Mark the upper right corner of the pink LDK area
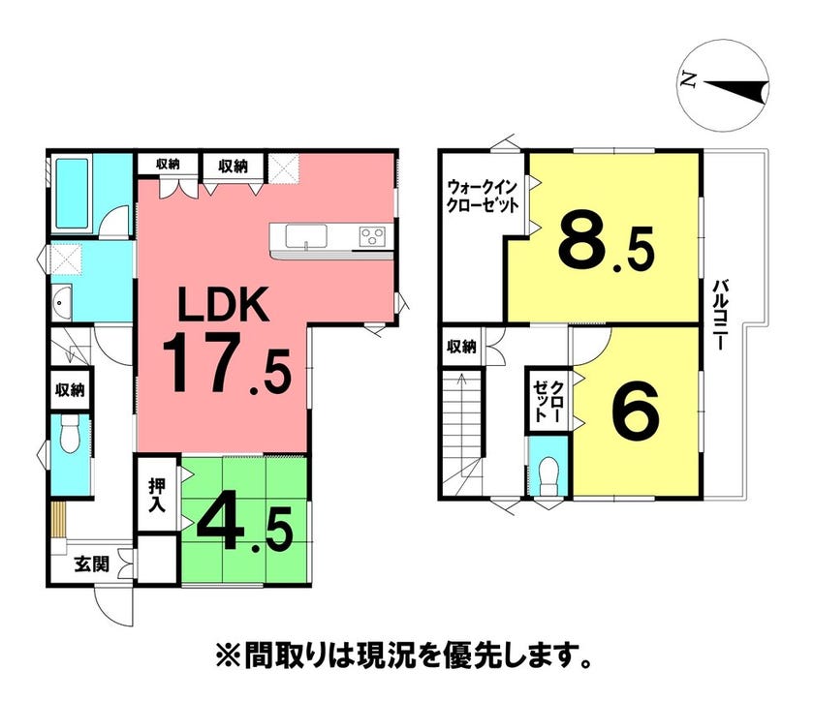pos(394,154)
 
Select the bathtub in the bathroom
pos(72,193)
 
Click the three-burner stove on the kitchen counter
pos(372,236)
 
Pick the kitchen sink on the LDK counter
pos(306,236)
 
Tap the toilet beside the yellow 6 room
pos(548,473)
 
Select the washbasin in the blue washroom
pos(61,302)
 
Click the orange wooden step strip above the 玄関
pos(60,521)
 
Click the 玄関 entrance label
pos(92,564)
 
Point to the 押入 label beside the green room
pos(157,495)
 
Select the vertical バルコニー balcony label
pos(719,315)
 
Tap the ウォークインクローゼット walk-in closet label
pos(484,195)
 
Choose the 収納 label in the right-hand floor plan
pos(462,346)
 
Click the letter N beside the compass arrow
pos(689,80)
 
